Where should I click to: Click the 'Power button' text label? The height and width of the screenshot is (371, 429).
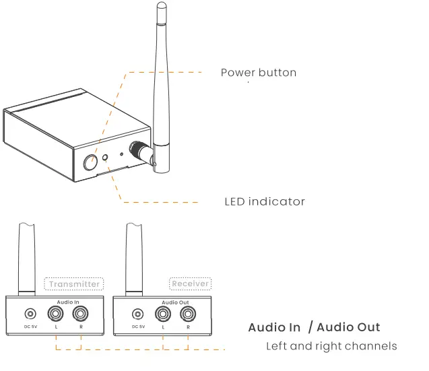click(259, 73)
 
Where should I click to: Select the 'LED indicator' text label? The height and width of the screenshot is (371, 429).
click(265, 201)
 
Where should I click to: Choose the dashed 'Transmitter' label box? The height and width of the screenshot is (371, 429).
click(75, 283)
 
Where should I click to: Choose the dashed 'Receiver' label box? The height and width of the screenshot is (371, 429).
click(191, 283)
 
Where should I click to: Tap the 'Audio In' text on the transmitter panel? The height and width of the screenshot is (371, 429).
click(69, 302)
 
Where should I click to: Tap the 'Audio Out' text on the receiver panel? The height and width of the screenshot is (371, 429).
click(175, 302)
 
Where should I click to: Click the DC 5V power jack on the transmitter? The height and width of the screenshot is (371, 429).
click(30, 314)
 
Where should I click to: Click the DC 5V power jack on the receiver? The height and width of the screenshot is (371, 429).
click(138, 314)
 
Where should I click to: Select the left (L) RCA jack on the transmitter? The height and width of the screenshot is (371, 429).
click(55, 314)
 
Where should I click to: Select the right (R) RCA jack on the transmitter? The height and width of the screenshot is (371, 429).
click(80, 314)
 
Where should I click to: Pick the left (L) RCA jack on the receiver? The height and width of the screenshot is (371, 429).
click(163, 314)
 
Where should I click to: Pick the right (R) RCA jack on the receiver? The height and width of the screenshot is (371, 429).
click(188, 314)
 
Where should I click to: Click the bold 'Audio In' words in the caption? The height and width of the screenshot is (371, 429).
click(274, 328)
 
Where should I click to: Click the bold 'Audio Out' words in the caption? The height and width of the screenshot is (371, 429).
click(348, 328)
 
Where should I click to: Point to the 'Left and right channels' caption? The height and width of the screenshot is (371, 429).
click(331, 347)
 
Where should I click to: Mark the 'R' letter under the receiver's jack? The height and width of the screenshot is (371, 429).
click(188, 328)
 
